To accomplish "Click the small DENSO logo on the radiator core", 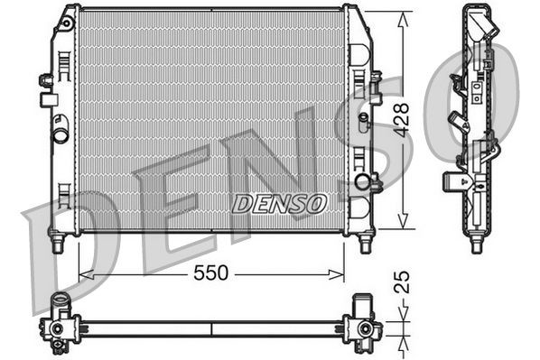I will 279,203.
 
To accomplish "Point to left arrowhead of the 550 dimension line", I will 84,272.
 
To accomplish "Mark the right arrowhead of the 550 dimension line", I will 340,272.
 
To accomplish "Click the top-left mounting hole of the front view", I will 67,19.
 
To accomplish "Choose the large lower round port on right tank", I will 363,182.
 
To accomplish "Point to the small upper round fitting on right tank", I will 363,117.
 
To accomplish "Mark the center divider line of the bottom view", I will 211,328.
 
